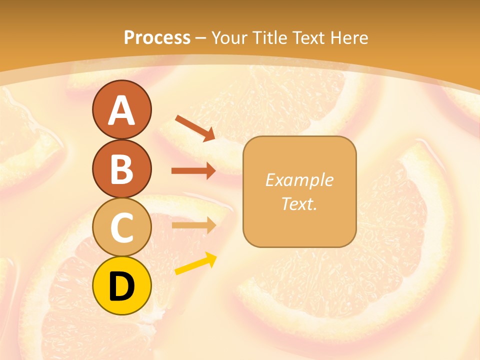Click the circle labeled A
pos(121,109)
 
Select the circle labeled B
pos(121,168)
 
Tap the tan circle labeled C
pos(121,227)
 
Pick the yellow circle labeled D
pos(121,286)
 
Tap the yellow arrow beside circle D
pos(195,264)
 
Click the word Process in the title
pos(157,37)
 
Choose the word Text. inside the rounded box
pos(299,203)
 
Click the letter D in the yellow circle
pos(121,286)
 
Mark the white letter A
pos(121,110)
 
